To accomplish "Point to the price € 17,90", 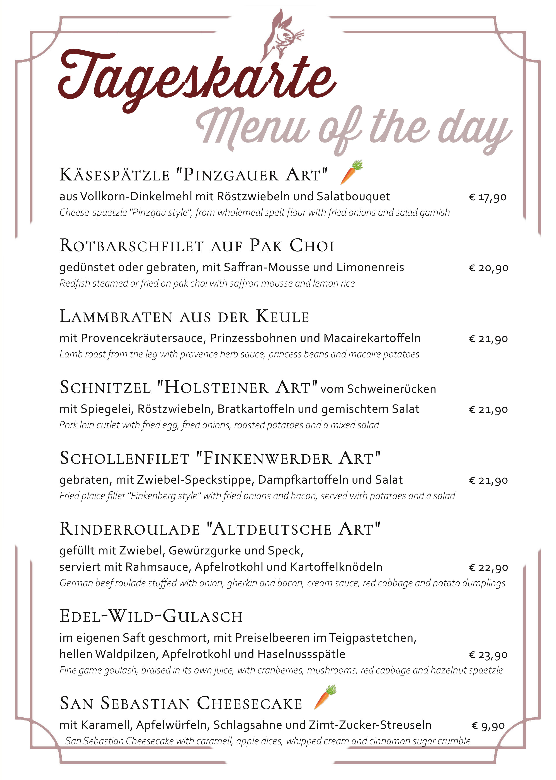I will [x=488, y=197].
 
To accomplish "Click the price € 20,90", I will [x=488, y=268].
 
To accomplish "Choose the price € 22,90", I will [x=488, y=568].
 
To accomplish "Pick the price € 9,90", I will [x=488, y=726].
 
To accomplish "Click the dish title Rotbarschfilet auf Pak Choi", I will [x=197, y=246].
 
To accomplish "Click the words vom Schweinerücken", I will [x=378, y=389].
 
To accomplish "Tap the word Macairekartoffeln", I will [x=372, y=338].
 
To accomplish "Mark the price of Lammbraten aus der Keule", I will [x=488, y=339].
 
